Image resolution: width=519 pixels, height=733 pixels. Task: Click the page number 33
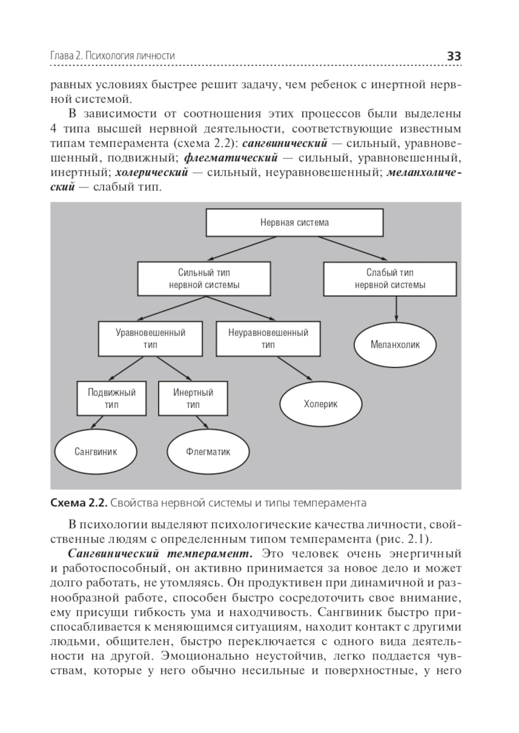[454, 56]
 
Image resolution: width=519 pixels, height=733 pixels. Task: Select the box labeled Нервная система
[294, 223]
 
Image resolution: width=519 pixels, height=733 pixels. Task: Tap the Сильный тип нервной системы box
[204, 279]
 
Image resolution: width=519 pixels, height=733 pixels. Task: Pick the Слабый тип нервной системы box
[390, 279]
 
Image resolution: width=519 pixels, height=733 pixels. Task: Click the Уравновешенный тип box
[151, 339]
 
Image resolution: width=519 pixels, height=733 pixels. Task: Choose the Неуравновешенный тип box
[268, 339]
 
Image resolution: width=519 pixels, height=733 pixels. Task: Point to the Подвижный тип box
[112, 398]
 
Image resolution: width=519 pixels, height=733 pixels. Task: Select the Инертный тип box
[193, 398]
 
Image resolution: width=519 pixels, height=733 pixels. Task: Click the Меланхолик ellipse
[395, 344]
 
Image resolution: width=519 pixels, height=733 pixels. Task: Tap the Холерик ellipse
[321, 404]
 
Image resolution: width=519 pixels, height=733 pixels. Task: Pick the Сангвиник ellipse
[96, 451]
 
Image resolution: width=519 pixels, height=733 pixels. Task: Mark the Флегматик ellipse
[208, 451]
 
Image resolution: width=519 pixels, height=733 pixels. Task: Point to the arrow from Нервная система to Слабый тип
[353, 248]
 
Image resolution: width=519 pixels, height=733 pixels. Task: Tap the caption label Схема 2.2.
[78, 503]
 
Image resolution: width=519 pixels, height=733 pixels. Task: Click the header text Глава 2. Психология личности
[113, 56]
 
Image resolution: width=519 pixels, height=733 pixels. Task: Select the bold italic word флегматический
[231, 157]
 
